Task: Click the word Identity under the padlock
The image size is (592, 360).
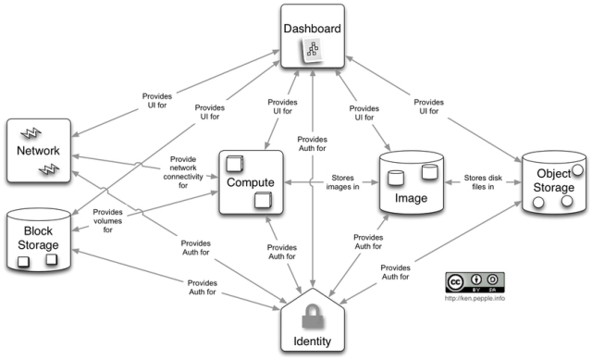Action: coord(312,342)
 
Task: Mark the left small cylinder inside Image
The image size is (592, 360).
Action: coord(397,177)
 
